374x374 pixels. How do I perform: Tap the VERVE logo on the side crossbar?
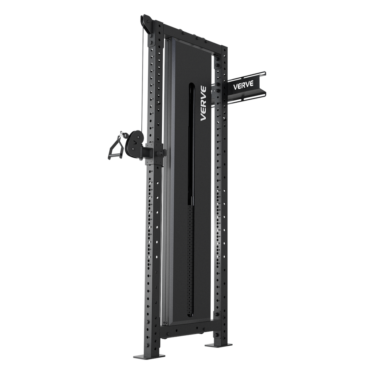(244, 85)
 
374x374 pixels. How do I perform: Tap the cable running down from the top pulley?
(143, 83)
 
